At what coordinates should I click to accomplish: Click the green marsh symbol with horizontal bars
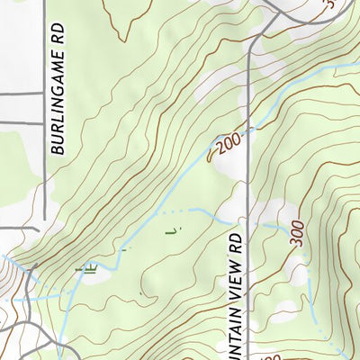[86, 266]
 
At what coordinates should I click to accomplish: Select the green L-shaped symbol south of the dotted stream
[170, 231]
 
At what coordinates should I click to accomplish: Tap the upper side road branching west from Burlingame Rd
[22, 93]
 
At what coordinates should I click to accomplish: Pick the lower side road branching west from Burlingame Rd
[22, 122]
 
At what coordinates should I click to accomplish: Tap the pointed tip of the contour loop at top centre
[122, 40]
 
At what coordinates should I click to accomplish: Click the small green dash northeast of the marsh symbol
[126, 247]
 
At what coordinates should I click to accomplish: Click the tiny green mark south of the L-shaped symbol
[140, 294]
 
